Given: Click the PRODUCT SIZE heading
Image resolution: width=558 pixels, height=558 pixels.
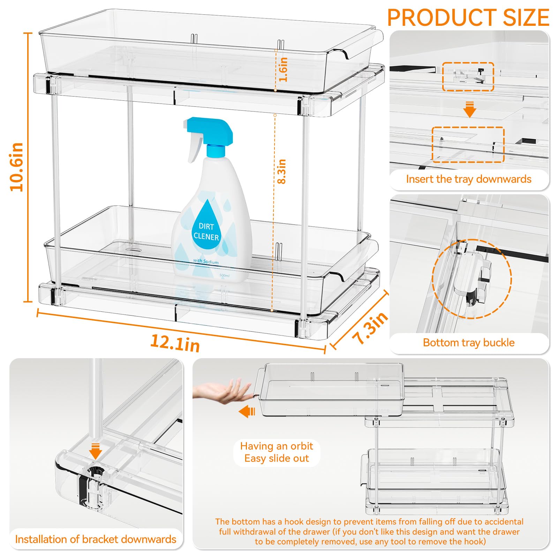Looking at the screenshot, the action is coord(468,17).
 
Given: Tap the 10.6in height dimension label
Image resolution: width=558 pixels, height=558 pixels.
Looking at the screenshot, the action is coord(16,167).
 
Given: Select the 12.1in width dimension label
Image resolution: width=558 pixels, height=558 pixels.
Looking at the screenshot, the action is coord(175,343).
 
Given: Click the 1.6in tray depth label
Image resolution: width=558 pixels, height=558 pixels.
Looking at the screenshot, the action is coord(283,69).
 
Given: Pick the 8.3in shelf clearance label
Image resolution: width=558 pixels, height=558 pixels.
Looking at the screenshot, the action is coord(281,171).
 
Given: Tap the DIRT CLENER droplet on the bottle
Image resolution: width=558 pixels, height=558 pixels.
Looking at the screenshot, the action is coord(206,226).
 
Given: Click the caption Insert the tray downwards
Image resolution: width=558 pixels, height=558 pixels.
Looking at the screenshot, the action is coord(468,179).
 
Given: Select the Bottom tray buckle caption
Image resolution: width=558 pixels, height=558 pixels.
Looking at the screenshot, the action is coord(469,342).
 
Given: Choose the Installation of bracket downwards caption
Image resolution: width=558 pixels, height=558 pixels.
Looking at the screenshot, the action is coord(96,539).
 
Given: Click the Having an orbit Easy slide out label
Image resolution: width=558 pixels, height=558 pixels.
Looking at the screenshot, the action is coord(277,452).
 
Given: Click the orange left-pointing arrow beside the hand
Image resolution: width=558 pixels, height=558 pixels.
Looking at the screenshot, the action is coord(247,412).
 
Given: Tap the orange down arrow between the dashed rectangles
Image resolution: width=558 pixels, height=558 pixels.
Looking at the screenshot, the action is coord(470,110).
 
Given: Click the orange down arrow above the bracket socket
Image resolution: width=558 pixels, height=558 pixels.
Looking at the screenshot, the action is coord(95,451).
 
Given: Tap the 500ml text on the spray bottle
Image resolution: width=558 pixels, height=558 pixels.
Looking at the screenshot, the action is coord(225,276).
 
